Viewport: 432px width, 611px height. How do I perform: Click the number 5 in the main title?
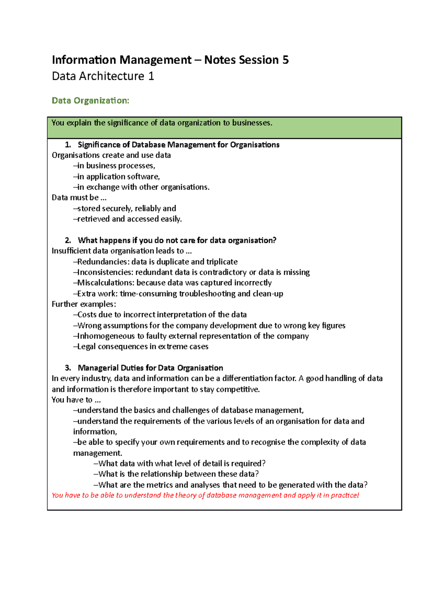tap(285, 60)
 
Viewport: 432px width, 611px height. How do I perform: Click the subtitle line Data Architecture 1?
tap(103, 76)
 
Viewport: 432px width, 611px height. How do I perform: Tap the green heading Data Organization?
tap(90, 100)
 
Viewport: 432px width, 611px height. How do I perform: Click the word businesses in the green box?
tap(252, 123)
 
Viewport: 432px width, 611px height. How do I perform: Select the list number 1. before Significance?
tap(68, 145)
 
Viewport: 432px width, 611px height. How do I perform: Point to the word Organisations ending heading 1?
tap(255, 145)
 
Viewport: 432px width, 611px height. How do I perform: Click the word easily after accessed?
tap(171, 219)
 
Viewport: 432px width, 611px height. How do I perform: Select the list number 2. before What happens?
tap(68, 240)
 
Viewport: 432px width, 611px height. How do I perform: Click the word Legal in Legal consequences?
tap(86, 347)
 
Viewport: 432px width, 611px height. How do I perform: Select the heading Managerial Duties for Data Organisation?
tap(150, 368)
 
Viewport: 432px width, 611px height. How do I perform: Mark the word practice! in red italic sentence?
tap(345, 495)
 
